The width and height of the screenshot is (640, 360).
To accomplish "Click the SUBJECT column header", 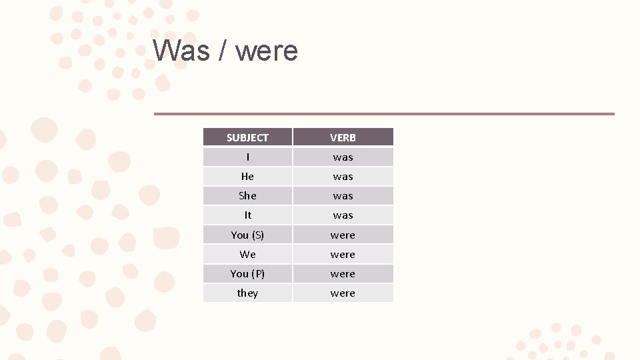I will [247, 137].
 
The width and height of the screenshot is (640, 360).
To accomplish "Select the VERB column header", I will [343, 137].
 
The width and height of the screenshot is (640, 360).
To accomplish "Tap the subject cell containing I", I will [247, 157].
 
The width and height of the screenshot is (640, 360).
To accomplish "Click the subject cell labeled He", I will [247, 177].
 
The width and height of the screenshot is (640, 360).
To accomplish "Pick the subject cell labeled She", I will [247, 196].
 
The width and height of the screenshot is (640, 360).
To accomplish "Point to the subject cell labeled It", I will [247, 215].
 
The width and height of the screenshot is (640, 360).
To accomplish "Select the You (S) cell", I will [247, 235].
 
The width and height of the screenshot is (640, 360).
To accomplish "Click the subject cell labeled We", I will [247, 254].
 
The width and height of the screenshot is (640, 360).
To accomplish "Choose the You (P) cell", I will [247, 273].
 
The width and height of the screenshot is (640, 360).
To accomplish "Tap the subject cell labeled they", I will [247, 293].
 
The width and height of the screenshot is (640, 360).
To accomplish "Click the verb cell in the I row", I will [343, 157].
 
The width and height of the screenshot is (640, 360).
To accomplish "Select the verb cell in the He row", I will [343, 177].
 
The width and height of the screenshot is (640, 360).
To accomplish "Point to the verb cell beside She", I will [343, 196].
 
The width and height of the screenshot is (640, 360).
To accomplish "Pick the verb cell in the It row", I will [343, 215].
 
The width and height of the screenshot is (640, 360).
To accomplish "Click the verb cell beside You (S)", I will [343, 235].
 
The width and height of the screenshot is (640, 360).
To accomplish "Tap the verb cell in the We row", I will [343, 254].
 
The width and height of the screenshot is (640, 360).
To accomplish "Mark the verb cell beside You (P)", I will [343, 273].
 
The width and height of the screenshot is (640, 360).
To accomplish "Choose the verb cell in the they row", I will [343, 293].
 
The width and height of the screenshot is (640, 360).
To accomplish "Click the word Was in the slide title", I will [181, 51].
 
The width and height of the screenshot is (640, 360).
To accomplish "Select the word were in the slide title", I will [267, 51].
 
